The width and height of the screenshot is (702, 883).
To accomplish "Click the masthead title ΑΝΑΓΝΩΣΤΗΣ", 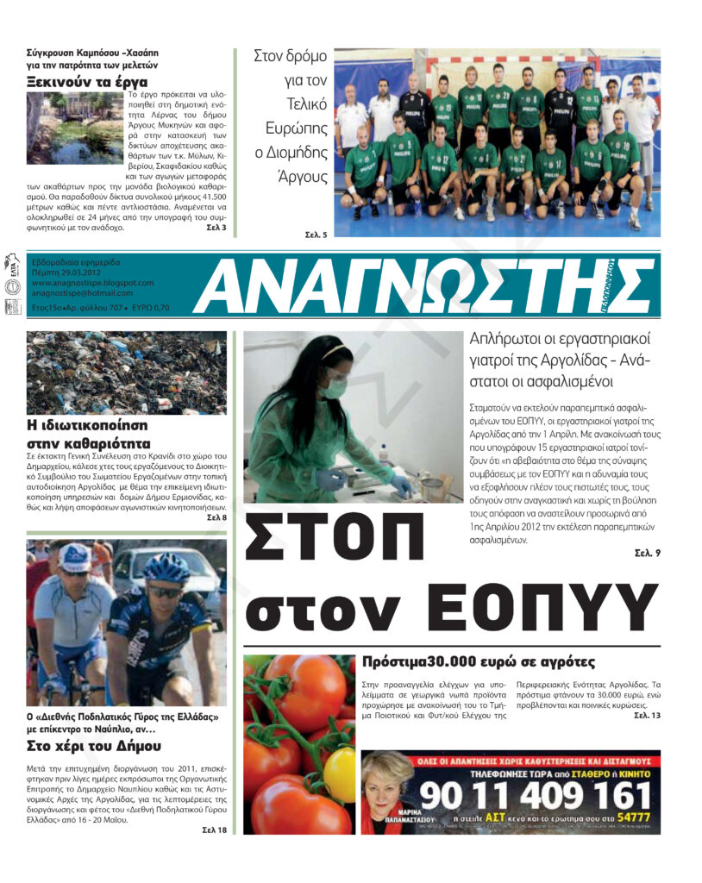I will [423, 286].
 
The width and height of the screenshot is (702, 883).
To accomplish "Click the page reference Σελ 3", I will [216, 228].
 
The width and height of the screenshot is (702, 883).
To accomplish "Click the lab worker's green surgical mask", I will [335, 389].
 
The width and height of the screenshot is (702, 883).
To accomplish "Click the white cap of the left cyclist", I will [77, 559].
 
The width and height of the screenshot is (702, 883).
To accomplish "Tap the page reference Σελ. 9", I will [646, 553].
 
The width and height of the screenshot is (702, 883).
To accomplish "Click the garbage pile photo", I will [127, 373].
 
